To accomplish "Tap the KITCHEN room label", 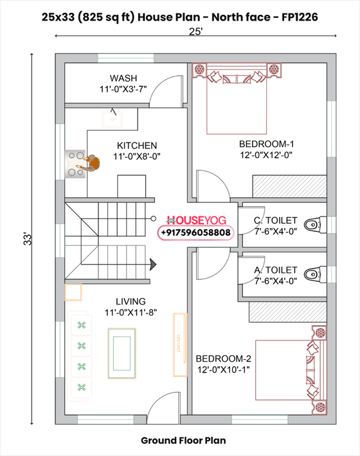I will (136, 146).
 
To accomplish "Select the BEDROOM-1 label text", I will (266, 143).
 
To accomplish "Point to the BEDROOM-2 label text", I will (223, 358).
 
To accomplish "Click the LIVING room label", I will (130, 301).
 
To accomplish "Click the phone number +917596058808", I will (195, 232).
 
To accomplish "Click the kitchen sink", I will (113, 118).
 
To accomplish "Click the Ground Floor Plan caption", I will (183, 441).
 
